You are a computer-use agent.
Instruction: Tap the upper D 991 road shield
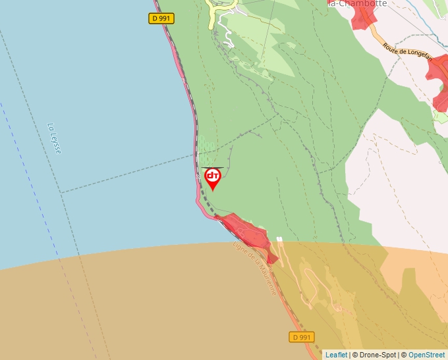point(161,18)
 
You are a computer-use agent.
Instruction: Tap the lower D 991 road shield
point(301,337)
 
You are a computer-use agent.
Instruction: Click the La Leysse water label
point(55,138)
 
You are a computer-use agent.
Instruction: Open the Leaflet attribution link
point(336,355)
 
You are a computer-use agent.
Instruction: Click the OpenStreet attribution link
point(426,355)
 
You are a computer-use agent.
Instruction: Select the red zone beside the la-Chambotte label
point(361,18)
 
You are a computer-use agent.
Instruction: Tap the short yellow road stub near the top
point(213,14)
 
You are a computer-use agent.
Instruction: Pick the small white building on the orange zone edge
point(279,240)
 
